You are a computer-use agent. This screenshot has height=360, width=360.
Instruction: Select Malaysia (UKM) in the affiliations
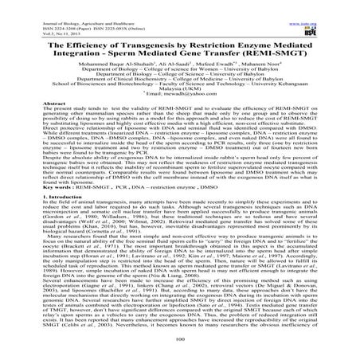(x=180, y=112)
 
